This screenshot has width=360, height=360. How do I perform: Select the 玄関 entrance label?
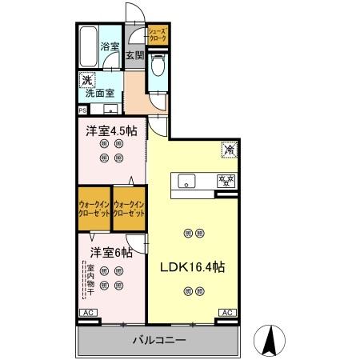click(134, 56)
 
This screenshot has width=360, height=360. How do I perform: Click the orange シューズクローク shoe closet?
click(157, 34)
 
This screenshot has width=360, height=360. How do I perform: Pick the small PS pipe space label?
click(82, 110)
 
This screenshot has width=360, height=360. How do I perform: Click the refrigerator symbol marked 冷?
click(228, 148)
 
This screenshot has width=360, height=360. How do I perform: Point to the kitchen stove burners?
click(226, 179)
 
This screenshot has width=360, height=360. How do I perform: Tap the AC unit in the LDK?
click(226, 312)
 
